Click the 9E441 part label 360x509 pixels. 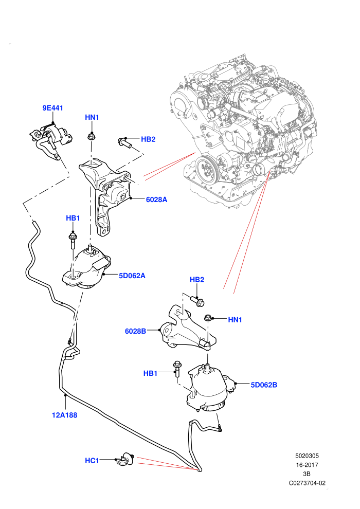pos(52,108)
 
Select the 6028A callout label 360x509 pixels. pos(156,199)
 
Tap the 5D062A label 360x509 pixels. pos(132,276)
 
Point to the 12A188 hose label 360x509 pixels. pos(65,415)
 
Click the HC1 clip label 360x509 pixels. pos(92,460)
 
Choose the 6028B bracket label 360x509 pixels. pos(135,331)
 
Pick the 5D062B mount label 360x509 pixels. pos(264,385)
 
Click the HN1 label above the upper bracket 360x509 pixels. pos(92,117)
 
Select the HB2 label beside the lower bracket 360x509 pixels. pos(197,280)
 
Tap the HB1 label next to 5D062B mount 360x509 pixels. pos(150,373)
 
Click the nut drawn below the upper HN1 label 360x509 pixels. pos(91,136)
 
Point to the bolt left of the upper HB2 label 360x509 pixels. pos(125,142)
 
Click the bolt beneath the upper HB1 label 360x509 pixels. pos(73,240)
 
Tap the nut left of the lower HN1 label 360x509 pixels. pos(208,318)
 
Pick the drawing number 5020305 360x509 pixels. pos(307,456)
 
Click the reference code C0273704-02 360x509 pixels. pos(307,483)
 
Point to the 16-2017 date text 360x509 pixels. pos(307,465)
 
